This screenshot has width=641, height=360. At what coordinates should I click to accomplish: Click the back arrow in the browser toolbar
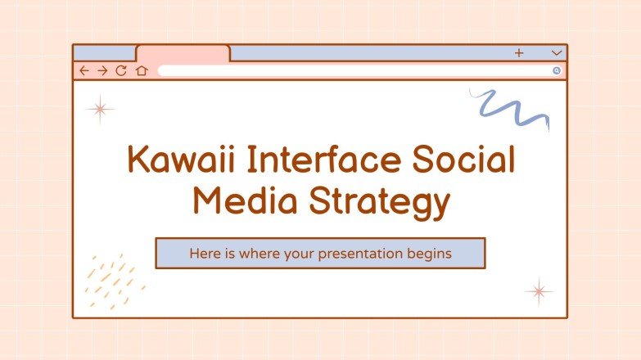click(x=84, y=71)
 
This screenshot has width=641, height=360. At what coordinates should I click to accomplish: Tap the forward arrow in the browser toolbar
click(x=102, y=71)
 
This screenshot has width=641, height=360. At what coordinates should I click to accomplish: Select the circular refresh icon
click(x=121, y=71)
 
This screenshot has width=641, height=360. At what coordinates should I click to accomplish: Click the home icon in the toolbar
click(x=141, y=71)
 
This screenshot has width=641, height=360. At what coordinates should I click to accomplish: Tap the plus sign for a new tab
click(x=519, y=53)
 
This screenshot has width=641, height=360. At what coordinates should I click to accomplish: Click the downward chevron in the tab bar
click(x=557, y=53)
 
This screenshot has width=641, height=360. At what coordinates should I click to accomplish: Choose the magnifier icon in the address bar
click(x=557, y=71)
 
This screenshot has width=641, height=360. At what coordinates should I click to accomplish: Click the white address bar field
click(x=352, y=71)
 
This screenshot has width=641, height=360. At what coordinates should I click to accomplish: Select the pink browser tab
click(x=183, y=53)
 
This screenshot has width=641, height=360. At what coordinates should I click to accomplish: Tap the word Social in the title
click(x=459, y=160)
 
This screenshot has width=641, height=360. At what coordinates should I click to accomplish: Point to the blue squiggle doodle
click(x=512, y=109)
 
